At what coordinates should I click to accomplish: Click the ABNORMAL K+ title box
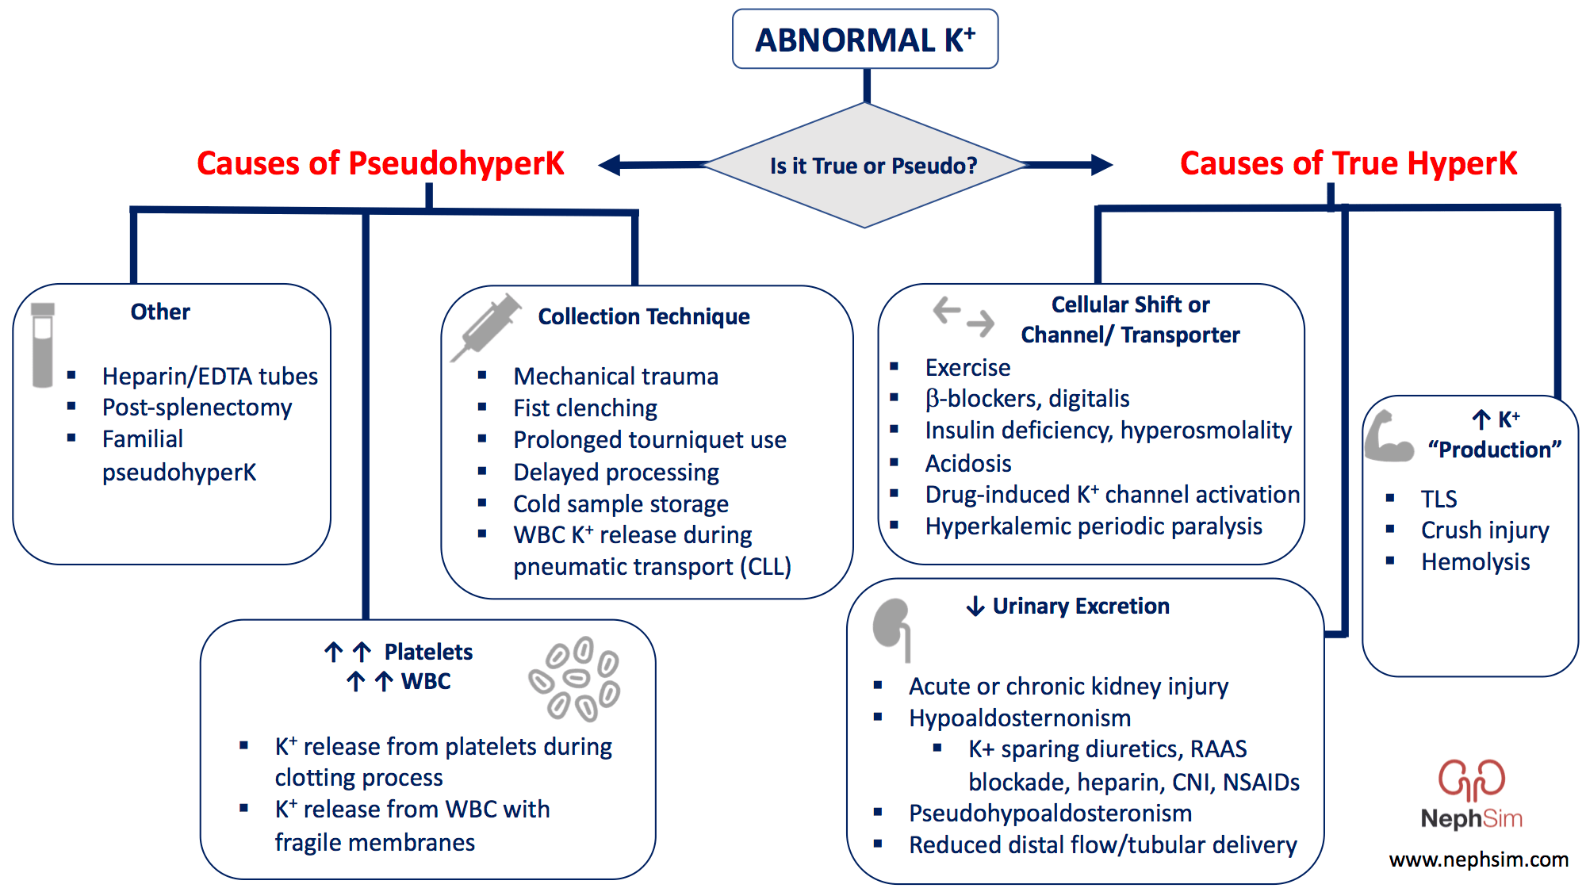(x=864, y=40)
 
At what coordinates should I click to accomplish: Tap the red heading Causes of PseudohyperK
(x=380, y=163)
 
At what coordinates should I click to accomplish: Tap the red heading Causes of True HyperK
(x=1347, y=163)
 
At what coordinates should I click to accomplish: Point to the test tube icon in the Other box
(x=43, y=345)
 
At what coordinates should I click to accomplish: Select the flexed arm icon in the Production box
(x=1388, y=437)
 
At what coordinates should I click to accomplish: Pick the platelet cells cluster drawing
(x=575, y=679)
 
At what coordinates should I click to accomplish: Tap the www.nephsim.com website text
(x=1478, y=859)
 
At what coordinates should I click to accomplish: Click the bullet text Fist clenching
(x=584, y=408)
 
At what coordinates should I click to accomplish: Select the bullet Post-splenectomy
(x=197, y=408)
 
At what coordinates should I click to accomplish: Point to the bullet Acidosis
(x=967, y=463)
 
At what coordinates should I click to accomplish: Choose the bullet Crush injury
(x=1484, y=530)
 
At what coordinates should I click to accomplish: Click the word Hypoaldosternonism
(x=1020, y=718)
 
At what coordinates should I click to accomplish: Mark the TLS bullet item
(x=1439, y=499)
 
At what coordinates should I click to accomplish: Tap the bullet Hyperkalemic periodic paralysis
(x=1093, y=526)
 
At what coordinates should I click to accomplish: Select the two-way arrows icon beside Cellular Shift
(x=963, y=316)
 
